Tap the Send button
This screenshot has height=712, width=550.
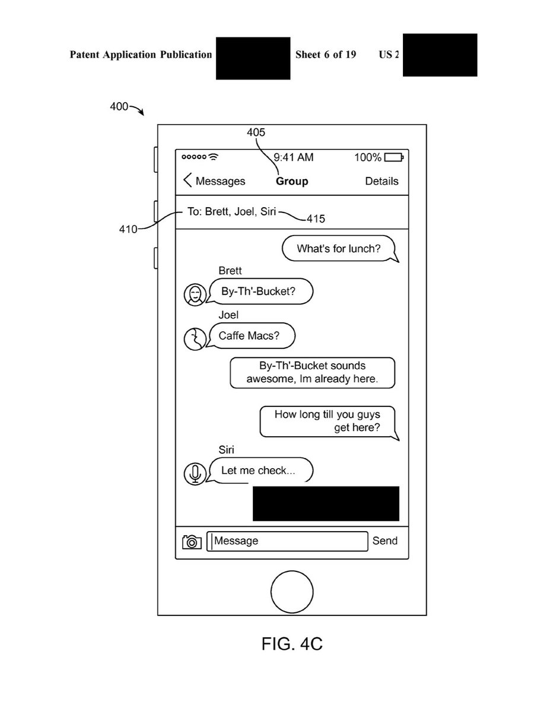point(384,541)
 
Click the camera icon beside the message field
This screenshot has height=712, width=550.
point(192,541)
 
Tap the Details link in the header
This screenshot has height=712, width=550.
point(381,181)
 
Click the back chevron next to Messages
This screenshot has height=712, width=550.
point(187,180)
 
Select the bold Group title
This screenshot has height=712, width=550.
point(292,181)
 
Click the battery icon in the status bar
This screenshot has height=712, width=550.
point(393,157)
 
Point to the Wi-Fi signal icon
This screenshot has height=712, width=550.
point(213,157)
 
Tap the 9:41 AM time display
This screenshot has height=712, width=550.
point(293,157)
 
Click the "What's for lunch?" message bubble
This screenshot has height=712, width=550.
point(339,248)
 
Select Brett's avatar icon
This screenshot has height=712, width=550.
point(195,294)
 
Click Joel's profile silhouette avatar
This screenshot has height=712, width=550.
point(193,339)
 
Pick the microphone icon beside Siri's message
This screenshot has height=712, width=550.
point(195,473)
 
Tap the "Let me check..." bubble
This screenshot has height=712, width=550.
point(259,471)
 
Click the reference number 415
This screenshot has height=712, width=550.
point(316,219)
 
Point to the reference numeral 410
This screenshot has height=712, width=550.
point(128,229)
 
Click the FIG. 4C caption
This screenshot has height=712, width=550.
point(292,644)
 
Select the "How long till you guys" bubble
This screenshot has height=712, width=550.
point(328,421)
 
